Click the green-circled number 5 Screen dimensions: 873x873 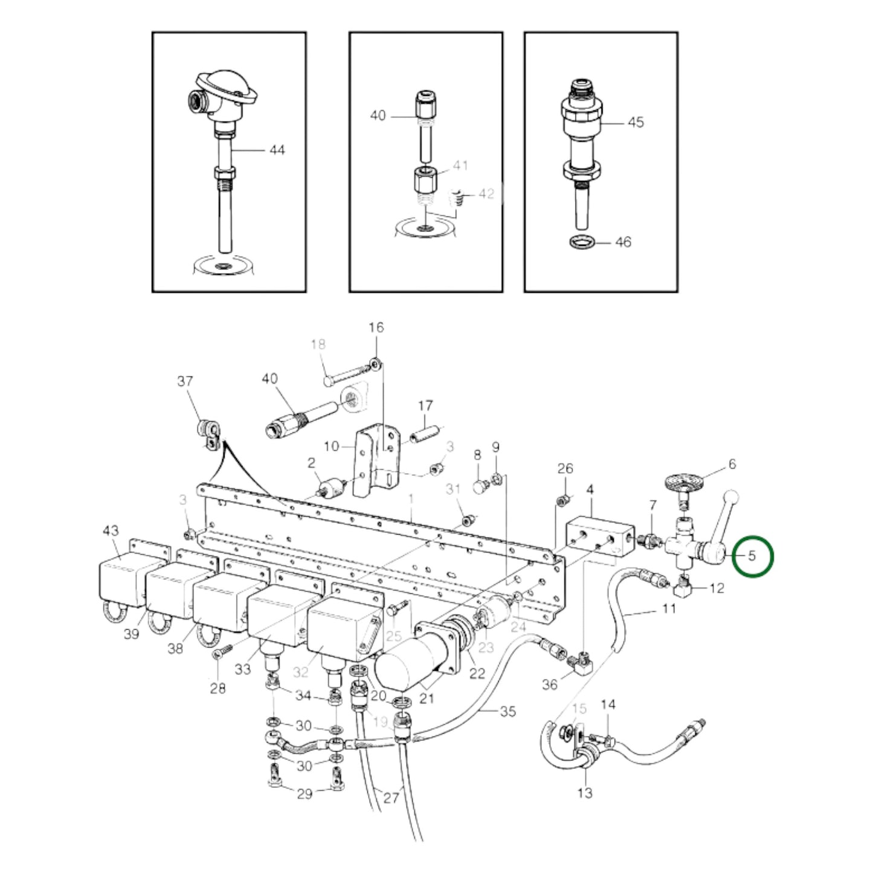pos(752,555)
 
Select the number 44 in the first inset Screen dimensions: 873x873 pos(276,149)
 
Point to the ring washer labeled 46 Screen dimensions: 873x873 pos(581,242)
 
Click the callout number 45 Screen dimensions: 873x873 pos(635,122)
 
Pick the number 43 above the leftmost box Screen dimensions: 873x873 pos(111,530)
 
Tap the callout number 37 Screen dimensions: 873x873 pos(185,381)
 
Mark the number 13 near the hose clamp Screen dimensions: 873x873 pos(585,792)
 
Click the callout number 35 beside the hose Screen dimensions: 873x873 pos(507,711)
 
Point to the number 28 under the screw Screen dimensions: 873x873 pos(217,688)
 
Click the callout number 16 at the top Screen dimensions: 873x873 pos(376,327)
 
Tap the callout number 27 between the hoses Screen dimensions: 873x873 pos(391,797)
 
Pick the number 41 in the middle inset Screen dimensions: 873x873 pos(460,166)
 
